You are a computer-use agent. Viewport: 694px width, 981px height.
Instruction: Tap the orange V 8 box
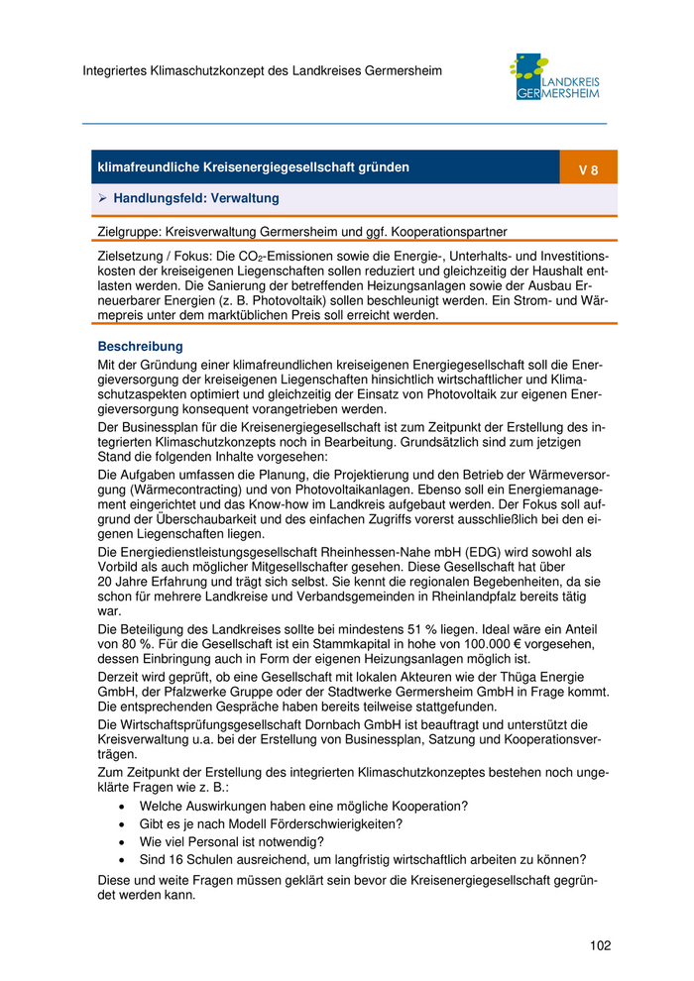[x=588, y=169]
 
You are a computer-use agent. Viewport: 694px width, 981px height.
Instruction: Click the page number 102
[x=599, y=945]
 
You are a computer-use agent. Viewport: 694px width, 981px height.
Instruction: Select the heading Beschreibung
[x=140, y=347]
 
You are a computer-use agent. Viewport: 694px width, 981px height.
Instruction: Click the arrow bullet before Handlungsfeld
[x=102, y=199]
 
